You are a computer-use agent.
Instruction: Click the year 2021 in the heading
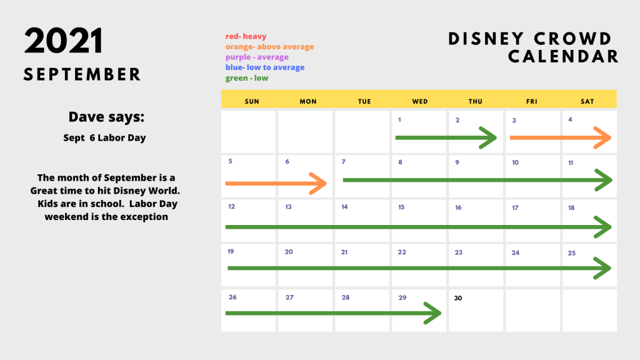(x=63, y=41)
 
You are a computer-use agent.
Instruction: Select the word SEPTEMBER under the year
(x=82, y=75)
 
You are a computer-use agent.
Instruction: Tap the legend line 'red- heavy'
(x=246, y=36)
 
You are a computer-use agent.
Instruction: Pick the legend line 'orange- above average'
(x=270, y=46)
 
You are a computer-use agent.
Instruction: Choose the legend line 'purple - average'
(x=257, y=57)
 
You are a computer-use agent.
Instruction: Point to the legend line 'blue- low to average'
(x=265, y=67)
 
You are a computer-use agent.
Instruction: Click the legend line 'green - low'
(x=247, y=78)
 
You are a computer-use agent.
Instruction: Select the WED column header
(x=420, y=101)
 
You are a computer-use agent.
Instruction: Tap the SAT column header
(x=587, y=101)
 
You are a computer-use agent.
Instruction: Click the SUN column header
(x=252, y=101)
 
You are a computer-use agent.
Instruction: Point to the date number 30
(x=458, y=298)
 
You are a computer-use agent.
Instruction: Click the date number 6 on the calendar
(x=287, y=162)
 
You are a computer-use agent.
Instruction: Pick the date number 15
(x=401, y=207)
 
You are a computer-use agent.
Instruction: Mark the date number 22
(x=402, y=252)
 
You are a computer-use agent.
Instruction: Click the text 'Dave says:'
(x=106, y=117)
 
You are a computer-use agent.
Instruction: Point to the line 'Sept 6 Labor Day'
(x=104, y=138)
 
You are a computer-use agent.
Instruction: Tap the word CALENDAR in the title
(x=563, y=57)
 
